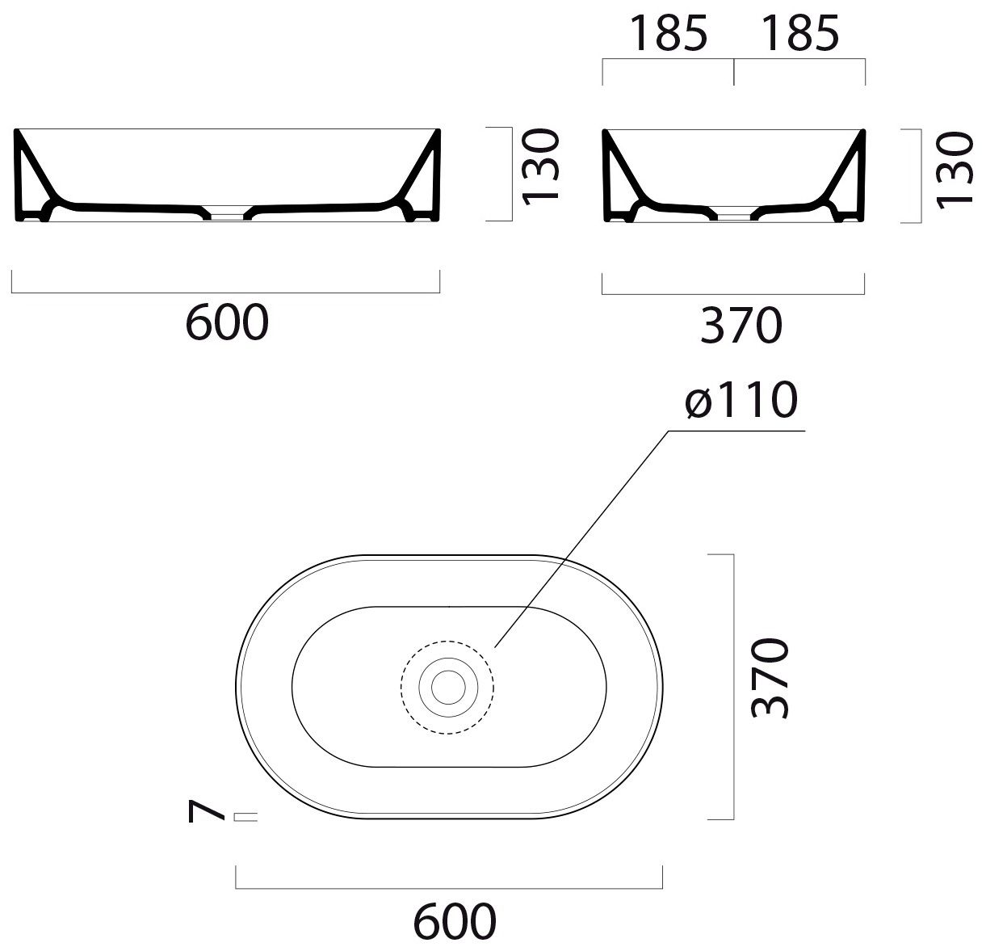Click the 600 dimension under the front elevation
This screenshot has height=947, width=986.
click(x=227, y=322)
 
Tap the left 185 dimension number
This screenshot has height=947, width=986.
click(x=669, y=33)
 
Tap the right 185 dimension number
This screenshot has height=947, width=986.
click(x=800, y=33)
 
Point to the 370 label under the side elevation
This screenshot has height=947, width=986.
click(x=741, y=325)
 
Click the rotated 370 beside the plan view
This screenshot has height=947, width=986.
click(x=770, y=679)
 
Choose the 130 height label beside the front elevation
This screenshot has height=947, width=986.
click(x=540, y=166)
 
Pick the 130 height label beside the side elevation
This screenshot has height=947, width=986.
click(x=955, y=170)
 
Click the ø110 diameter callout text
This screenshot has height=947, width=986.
click(x=741, y=400)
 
